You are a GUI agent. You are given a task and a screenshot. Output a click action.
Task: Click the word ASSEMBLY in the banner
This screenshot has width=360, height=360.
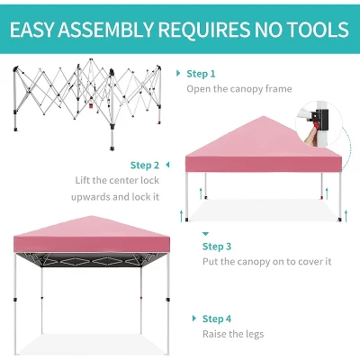[x=106, y=30]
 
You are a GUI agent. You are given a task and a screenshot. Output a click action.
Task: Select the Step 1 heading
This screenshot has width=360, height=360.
[x=201, y=74]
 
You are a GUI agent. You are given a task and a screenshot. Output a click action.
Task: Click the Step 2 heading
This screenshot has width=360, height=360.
[x=145, y=166]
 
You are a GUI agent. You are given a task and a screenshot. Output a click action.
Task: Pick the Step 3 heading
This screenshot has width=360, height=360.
[x=217, y=247]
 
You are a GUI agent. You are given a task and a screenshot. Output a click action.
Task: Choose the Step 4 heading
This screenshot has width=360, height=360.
[x=217, y=319]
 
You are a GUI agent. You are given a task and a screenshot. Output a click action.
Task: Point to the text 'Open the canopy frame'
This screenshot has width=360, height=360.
[x=239, y=89]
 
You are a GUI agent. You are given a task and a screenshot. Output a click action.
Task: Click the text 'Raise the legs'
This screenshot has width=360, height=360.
[x=233, y=334]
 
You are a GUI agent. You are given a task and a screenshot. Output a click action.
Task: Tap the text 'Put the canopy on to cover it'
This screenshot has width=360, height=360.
[x=266, y=262]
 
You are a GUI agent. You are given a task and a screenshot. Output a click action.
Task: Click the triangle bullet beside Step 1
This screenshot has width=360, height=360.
[x=178, y=73]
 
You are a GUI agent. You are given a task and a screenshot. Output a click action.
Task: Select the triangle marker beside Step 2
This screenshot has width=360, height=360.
[x=167, y=165]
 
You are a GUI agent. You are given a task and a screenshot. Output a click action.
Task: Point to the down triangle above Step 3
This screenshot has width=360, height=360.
[x=205, y=234]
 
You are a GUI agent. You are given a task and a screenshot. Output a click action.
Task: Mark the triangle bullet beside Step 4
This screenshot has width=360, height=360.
[x=194, y=319]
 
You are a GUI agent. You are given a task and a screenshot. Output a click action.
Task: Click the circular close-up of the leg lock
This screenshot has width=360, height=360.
[x=319, y=124]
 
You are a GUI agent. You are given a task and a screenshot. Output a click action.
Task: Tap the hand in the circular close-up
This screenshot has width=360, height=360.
[x=310, y=137]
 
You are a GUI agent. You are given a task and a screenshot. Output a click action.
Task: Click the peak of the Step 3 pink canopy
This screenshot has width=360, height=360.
[x=264, y=116]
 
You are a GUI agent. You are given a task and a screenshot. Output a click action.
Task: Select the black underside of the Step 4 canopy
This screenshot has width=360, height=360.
[x=92, y=260]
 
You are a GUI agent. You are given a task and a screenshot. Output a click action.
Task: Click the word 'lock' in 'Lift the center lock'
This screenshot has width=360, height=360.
[x=150, y=180]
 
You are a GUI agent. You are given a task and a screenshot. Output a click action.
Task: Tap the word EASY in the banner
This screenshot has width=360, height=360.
[x=31, y=30]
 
